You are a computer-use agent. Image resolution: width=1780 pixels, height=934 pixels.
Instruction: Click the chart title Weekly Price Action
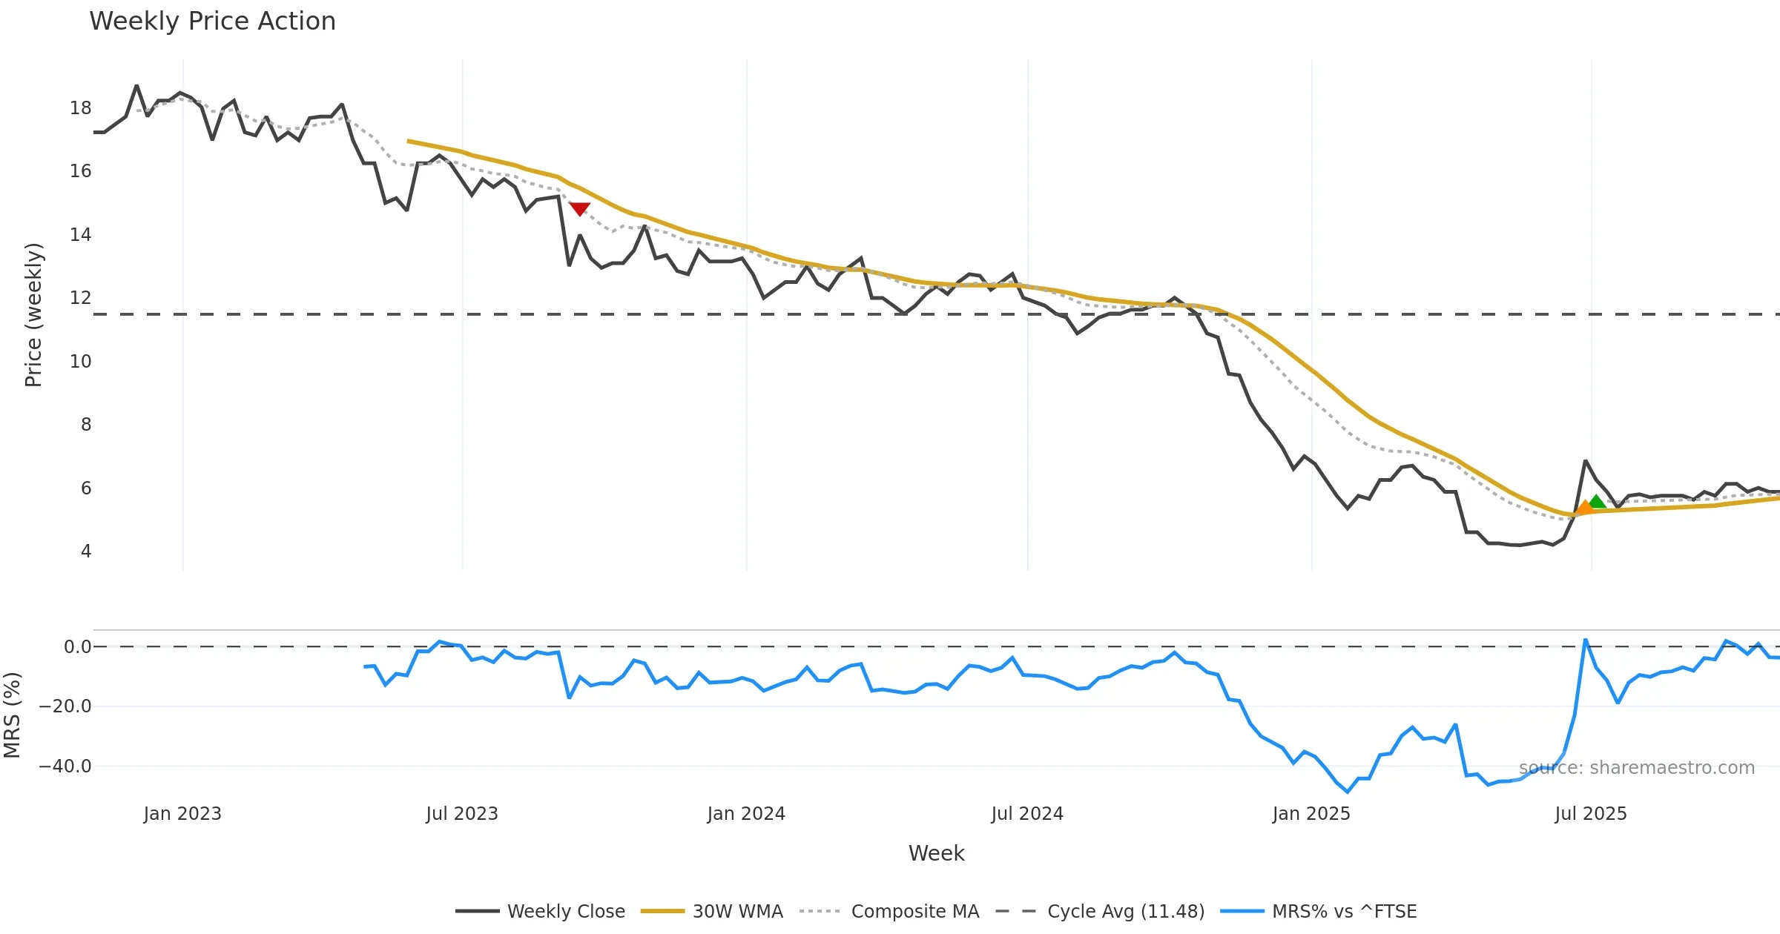point(212,21)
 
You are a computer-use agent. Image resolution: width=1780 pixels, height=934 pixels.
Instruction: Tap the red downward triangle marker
point(579,208)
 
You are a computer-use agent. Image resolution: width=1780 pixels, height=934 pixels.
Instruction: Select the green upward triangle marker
point(1598,502)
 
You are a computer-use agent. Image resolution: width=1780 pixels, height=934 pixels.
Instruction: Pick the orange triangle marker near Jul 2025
point(1585,508)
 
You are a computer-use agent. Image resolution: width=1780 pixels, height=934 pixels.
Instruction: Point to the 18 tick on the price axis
point(80,108)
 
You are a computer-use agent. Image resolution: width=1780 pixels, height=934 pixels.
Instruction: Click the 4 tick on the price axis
point(86,552)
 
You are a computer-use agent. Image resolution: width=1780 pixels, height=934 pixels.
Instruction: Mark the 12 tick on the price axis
point(80,298)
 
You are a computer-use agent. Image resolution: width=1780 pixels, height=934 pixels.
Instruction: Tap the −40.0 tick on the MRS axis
point(65,766)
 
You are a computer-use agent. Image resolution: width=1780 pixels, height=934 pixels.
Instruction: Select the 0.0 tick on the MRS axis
point(77,647)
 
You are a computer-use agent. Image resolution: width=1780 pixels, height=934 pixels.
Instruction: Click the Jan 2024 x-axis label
point(746,814)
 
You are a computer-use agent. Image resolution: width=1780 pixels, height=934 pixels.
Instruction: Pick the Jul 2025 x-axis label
point(1591,814)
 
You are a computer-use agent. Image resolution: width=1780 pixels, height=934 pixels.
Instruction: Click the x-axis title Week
point(936,854)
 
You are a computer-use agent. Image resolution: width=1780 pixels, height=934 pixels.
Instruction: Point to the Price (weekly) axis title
point(33,315)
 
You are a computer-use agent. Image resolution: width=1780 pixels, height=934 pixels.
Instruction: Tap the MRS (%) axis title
point(12,715)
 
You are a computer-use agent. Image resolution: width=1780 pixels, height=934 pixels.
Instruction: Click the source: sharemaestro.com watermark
point(1636,768)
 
